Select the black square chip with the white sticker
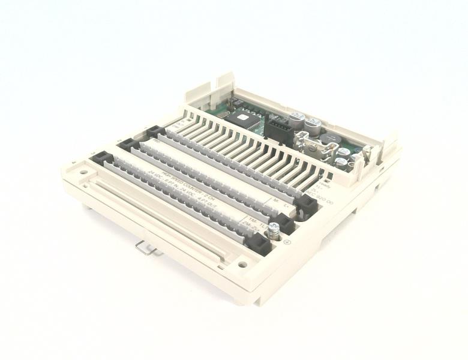(246, 119)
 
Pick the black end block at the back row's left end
(155, 131)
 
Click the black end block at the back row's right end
(307, 205)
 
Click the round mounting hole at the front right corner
(242, 264)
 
